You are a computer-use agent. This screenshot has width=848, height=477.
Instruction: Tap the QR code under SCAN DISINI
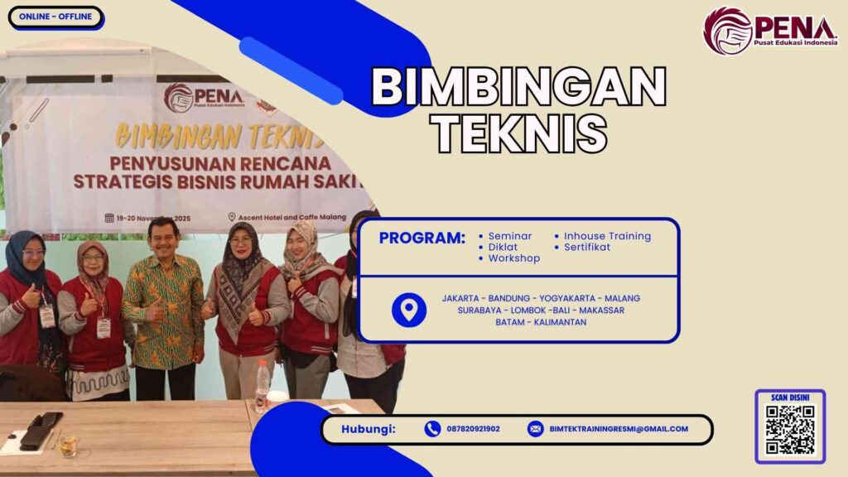pyautogui.click(x=789, y=430)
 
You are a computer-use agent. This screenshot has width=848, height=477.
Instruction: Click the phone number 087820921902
pyautogui.click(x=473, y=429)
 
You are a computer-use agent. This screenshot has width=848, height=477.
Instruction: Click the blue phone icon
pyautogui.click(x=432, y=429)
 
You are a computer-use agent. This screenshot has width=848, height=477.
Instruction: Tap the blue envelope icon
pyautogui.click(x=535, y=429)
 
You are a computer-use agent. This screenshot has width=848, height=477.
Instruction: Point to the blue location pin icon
pyautogui.click(x=408, y=310)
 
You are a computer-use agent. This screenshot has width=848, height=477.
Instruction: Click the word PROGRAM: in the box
pyautogui.click(x=422, y=238)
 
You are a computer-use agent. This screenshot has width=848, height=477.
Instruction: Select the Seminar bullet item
pyautogui.click(x=509, y=236)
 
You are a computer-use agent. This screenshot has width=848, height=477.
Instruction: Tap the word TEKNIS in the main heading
pyautogui.click(x=518, y=132)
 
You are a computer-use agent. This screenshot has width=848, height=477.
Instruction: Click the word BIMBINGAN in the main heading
pyautogui.click(x=518, y=87)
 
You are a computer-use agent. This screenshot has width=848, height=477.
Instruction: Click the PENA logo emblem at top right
pyautogui.click(x=727, y=31)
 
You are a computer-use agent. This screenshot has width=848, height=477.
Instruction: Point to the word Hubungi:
pyautogui.click(x=369, y=429)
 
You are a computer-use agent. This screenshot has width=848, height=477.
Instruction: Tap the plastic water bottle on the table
pyautogui.click(x=263, y=385)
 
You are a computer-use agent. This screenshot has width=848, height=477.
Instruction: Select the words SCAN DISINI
pyautogui.click(x=789, y=397)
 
